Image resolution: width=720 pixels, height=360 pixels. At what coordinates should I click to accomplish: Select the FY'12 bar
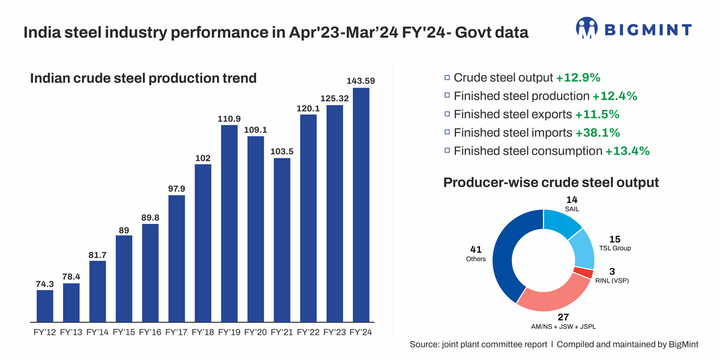[45, 307]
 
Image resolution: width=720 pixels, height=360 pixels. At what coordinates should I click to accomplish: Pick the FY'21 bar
[282, 241]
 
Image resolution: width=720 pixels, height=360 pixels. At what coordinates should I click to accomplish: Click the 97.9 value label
[176, 188]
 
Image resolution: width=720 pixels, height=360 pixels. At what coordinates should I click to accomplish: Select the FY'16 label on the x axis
[150, 332]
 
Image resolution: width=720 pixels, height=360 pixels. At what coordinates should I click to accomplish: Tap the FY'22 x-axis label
[308, 332]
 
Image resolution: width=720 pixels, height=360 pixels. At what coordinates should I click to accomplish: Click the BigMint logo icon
[587, 28]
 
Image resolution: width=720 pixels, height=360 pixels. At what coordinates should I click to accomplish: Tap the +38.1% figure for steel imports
[598, 133]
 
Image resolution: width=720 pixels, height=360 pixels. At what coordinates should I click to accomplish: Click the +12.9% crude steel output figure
[578, 77]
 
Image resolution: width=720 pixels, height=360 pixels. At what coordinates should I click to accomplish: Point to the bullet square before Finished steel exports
[447, 114]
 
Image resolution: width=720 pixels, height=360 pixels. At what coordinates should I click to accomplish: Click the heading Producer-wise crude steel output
[551, 182]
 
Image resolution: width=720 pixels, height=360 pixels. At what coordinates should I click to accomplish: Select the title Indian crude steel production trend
[143, 78]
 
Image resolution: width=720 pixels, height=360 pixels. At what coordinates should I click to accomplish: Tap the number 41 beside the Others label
[476, 249]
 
